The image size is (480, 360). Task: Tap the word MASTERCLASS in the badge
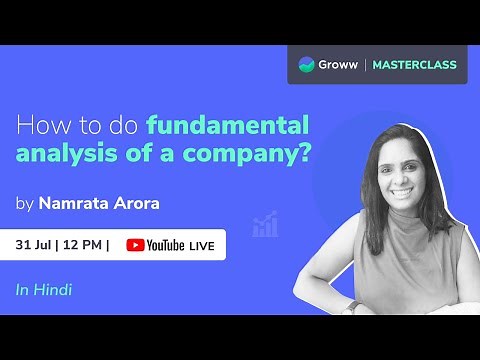pos(414,65)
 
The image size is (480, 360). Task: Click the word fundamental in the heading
pos(228,125)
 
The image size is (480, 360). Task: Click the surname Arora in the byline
pos(141,204)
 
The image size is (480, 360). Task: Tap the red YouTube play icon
pos(135,245)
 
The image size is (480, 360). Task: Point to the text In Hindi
pos(43,290)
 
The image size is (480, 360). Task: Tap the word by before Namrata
pos(24,205)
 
